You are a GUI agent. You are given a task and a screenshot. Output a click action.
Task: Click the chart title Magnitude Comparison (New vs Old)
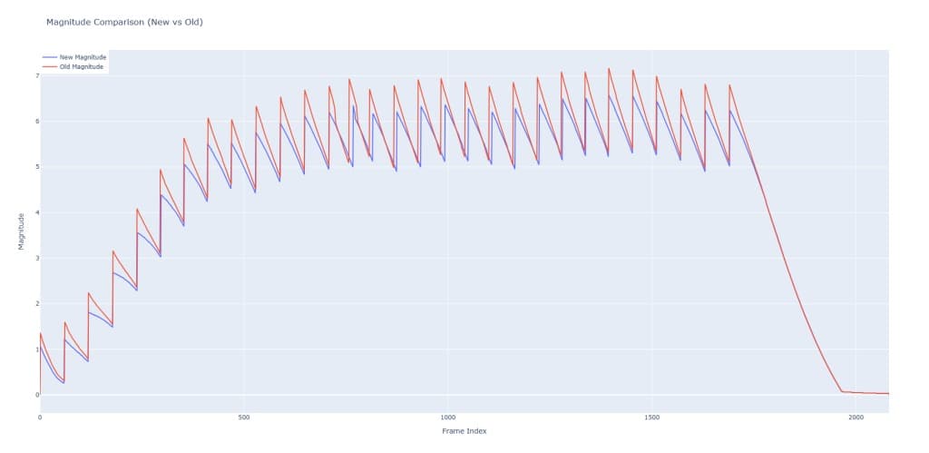point(124,22)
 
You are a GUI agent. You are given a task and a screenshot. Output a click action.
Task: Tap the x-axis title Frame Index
point(464,431)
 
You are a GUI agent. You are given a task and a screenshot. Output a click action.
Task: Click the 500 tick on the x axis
point(243,418)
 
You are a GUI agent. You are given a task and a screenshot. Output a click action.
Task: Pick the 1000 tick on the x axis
point(447,418)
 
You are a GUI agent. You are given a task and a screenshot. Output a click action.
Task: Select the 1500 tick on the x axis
point(651,418)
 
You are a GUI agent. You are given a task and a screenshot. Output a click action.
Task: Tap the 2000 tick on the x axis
point(856,418)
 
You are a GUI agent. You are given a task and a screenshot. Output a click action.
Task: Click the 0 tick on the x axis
point(40,418)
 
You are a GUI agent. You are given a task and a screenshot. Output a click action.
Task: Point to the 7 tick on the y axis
point(35,75)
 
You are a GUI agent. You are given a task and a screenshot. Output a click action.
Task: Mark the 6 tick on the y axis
point(35,122)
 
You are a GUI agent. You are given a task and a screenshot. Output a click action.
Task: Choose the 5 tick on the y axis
point(35,167)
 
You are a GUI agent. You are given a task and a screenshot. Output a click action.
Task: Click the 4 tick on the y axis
point(35,212)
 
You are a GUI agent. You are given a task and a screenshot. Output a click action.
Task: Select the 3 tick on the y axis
point(35,258)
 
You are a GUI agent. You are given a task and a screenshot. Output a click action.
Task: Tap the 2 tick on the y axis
point(35,303)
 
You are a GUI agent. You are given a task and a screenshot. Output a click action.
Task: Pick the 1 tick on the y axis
point(35,350)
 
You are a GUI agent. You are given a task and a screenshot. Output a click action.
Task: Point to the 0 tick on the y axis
point(35,395)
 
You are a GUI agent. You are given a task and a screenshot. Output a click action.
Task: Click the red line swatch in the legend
point(49,67)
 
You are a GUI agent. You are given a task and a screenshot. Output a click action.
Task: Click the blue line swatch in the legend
point(49,58)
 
